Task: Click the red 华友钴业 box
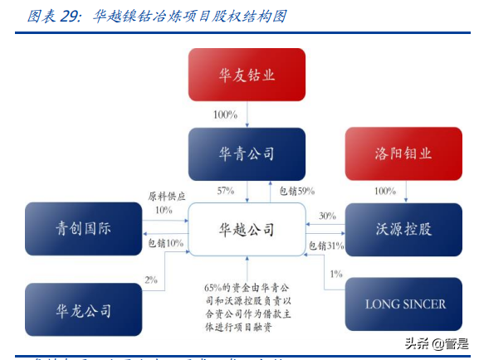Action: pos(247,75)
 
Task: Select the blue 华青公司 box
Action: pos(247,154)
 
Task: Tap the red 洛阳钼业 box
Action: pos(403,154)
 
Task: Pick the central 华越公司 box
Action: pos(247,230)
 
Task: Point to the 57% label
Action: pos(226,191)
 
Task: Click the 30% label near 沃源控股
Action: pos(327,216)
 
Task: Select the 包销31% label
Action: pos(326,245)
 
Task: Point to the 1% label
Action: pos(336,274)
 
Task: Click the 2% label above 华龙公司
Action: pos(151,280)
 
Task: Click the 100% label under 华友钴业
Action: pos(225,114)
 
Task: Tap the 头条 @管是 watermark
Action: pos(435,343)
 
